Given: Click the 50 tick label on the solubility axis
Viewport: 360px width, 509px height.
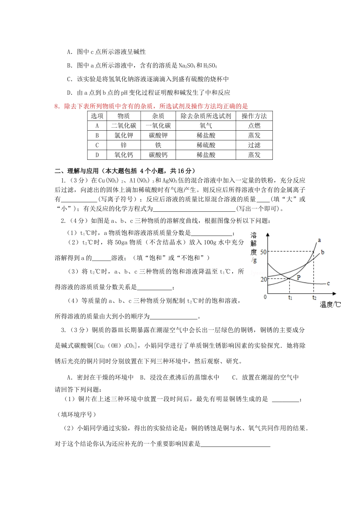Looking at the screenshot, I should pyautogui.click(x=263, y=252).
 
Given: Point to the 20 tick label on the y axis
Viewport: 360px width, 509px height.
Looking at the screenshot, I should pyautogui.click(x=263, y=279).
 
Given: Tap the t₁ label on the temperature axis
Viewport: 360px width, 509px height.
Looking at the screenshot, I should pyautogui.click(x=290, y=298).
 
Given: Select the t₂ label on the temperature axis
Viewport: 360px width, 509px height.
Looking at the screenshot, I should pyautogui.click(x=314, y=298).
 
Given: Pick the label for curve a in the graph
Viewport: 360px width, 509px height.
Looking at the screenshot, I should pyautogui.click(x=319, y=240).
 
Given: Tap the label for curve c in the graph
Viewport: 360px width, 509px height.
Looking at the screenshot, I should pyautogui.click(x=328, y=283).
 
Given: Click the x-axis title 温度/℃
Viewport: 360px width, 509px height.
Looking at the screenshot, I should pyautogui.click(x=330, y=304).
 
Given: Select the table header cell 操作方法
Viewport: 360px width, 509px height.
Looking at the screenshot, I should pyautogui.click(x=254, y=116).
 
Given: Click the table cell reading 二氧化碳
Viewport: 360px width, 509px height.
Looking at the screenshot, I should pyautogui.click(x=124, y=126).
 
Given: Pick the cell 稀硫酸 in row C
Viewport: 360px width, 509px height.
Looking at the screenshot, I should pyautogui.click(x=206, y=145).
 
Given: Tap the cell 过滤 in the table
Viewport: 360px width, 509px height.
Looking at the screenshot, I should pyautogui.click(x=254, y=145).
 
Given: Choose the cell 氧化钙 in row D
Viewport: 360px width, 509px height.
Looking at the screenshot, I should pyautogui.click(x=124, y=155).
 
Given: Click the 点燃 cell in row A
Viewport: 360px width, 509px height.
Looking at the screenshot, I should pyautogui.click(x=254, y=126).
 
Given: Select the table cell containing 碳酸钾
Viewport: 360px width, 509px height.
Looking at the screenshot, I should pyautogui.click(x=158, y=135).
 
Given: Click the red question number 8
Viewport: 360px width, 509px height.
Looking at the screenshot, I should pyautogui.click(x=57, y=106).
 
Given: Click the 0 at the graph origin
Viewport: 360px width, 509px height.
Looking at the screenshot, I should pyautogui.click(x=265, y=297).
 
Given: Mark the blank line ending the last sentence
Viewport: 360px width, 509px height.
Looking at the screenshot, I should pyautogui.click(x=235, y=445).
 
